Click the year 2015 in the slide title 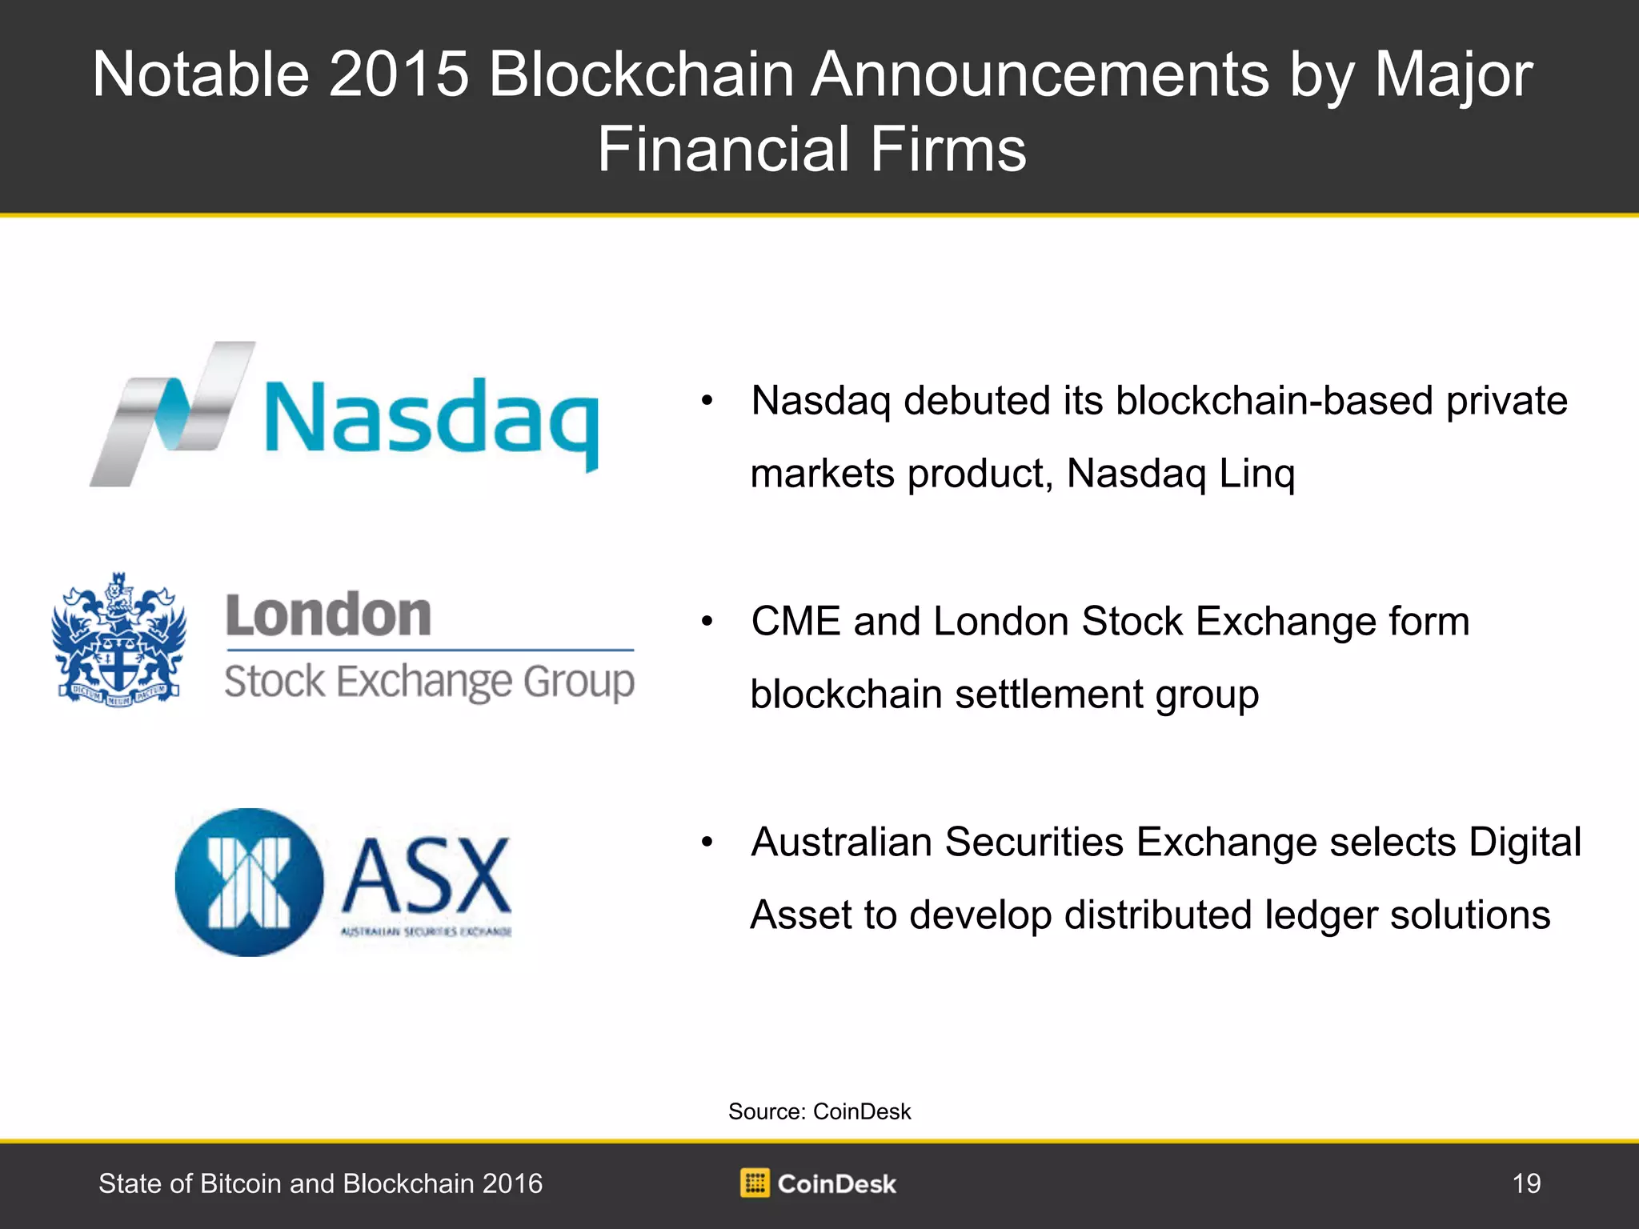pyautogui.click(x=399, y=74)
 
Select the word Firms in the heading pyautogui.click(x=948, y=150)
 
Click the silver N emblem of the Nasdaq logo pyautogui.click(x=172, y=414)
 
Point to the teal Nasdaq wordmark pyautogui.click(x=431, y=424)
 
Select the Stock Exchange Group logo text pyautogui.click(x=430, y=683)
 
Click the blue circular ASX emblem pyautogui.click(x=250, y=883)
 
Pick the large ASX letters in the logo pyautogui.click(x=427, y=875)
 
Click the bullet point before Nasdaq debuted pyautogui.click(x=707, y=402)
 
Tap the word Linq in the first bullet pyautogui.click(x=1256, y=474)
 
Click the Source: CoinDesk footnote pyautogui.click(x=819, y=1111)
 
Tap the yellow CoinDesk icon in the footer pyautogui.click(x=755, y=1183)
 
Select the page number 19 pyautogui.click(x=1526, y=1183)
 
